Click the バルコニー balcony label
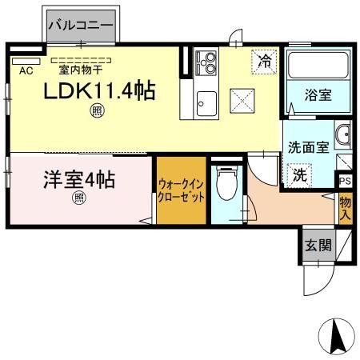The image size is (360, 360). pos(82,26)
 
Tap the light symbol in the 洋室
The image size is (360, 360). pos(79,198)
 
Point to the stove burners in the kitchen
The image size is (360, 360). pos(207,62)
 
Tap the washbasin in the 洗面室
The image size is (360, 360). pos(342,135)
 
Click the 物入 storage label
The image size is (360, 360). pos(345,208)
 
